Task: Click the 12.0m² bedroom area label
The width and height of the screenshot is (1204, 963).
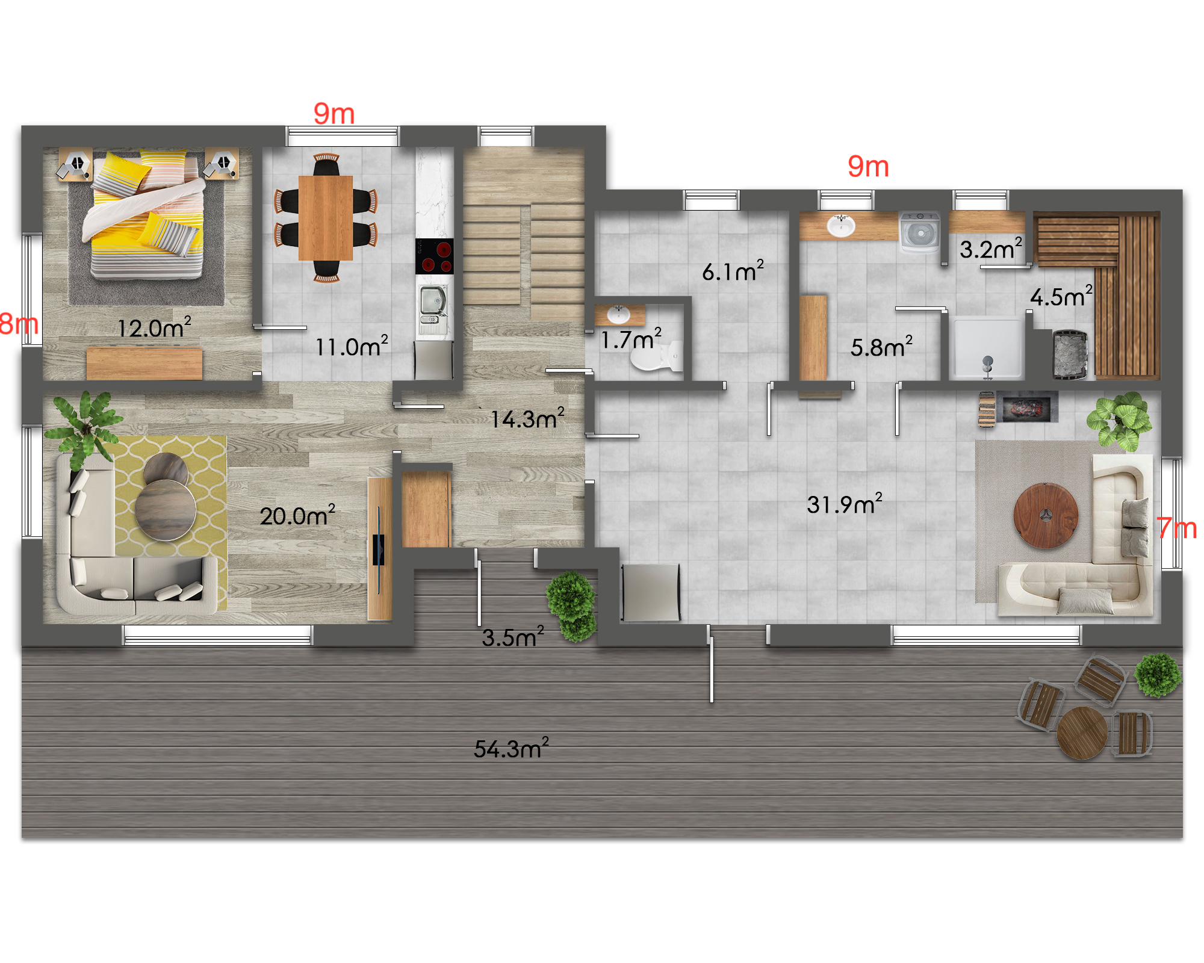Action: coord(154,327)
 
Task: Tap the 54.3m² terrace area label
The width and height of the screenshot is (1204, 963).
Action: coord(511,748)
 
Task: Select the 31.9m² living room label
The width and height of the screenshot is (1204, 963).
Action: coord(845,504)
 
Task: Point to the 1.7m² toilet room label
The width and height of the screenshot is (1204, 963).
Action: coord(631,339)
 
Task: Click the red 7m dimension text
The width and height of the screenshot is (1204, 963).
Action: coord(1177,528)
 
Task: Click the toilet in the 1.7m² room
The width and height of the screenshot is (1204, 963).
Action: coord(657,356)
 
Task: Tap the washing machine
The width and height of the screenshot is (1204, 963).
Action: coord(920,232)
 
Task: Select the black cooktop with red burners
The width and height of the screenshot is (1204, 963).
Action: coord(435,256)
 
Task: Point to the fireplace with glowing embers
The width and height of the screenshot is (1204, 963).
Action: coord(1027,407)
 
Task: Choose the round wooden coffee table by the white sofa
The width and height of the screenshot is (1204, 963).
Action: coord(1046,515)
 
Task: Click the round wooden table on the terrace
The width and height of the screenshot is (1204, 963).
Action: coord(1082,732)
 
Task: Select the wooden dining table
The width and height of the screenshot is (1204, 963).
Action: coord(326,217)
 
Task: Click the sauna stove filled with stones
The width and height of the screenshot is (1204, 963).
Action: coord(1070,355)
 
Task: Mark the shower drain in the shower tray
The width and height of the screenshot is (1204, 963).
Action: coord(988,361)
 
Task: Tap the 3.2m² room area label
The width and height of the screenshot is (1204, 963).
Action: coord(991,249)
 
